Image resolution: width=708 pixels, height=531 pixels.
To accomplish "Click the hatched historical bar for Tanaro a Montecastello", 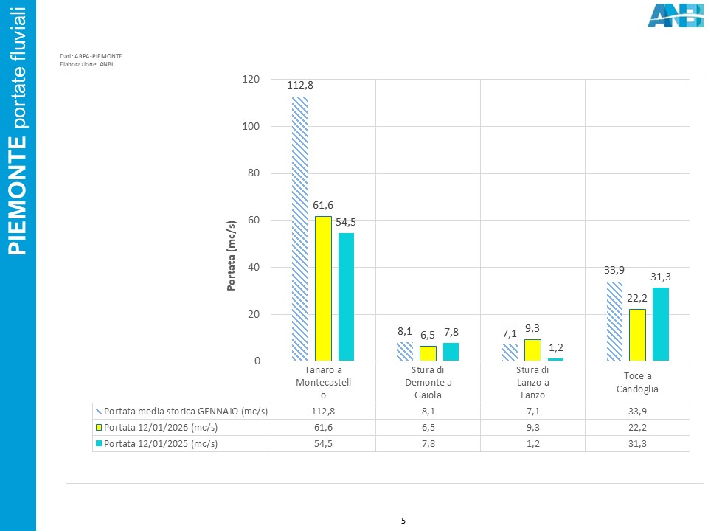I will tap(300, 229).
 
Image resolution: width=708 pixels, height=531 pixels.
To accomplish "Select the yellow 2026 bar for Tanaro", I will tap(323, 288).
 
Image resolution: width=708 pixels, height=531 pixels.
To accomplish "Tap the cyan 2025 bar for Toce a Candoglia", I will tap(661, 324).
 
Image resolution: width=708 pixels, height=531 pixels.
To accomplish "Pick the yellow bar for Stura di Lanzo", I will tap(533, 350).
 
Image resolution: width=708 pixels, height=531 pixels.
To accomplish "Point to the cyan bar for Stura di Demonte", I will tap(451, 352).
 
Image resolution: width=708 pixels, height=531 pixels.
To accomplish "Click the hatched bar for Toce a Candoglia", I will tap(614, 321).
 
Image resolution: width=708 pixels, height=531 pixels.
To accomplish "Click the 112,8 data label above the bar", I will tap(300, 86).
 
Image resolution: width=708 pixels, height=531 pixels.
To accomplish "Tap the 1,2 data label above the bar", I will tap(556, 347).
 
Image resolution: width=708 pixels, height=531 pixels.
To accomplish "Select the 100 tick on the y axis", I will tap(251, 126).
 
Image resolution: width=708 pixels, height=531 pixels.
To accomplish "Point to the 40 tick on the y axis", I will tap(254, 267).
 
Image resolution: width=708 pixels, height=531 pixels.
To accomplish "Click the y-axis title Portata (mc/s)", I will tap(231, 256).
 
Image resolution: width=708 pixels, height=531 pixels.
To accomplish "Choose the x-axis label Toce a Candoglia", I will tap(636, 382).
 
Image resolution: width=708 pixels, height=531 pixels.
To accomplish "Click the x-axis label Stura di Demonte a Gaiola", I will tap(428, 382).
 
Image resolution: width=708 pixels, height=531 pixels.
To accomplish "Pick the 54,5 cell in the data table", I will tap(323, 444).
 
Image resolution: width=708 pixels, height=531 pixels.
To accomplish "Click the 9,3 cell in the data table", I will tap(532, 428).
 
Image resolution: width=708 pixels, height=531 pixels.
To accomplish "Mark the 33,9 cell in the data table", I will tap(636, 412).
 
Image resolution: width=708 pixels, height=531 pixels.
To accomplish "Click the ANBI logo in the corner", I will tap(674, 15).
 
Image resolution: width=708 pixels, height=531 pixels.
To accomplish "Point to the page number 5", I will tap(403, 521).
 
